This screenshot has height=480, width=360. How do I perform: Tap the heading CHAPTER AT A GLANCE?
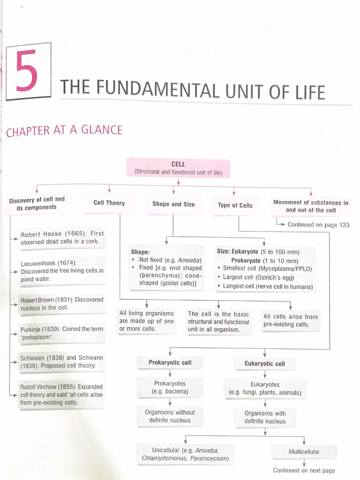(x=64, y=130)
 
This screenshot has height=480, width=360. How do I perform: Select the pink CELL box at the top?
(x=178, y=168)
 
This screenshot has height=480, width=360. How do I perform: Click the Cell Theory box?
(x=109, y=203)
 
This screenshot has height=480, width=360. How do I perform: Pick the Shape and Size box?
(x=173, y=204)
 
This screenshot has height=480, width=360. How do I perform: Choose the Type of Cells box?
(x=235, y=205)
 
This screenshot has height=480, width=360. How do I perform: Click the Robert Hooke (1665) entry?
(x=61, y=238)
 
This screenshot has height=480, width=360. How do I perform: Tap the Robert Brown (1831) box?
(x=61, y=304)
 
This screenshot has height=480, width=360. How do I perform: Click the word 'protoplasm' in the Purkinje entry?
(x=38, y=337)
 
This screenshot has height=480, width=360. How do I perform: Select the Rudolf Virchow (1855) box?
(x=60, y=395)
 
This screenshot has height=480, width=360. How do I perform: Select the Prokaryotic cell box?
(x=170, y=363)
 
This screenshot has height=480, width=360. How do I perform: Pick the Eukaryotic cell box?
(x=265, y=364)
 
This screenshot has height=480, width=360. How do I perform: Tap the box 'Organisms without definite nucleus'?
(x=170, y=416)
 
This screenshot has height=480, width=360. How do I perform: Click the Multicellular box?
(x=304, y=452)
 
